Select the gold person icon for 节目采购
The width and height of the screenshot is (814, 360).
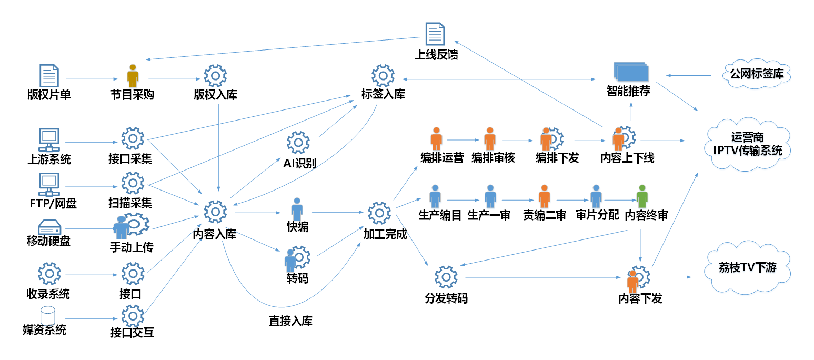coord(133,76)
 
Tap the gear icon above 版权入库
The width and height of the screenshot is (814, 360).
coord(215,76)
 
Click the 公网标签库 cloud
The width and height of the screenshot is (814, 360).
coord(757,74)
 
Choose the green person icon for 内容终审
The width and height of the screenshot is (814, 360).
coord(641,196)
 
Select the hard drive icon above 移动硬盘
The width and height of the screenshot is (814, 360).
coord(49,227)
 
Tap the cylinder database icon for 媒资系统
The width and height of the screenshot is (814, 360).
coord(48,315)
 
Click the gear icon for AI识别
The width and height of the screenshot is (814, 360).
coord(298,143)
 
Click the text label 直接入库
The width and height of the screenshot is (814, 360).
coord(290,321)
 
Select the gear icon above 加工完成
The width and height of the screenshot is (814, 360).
coord(379,213)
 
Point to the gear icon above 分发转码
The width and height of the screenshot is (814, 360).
coord(446,277)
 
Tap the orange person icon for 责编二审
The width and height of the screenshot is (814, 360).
coord(544,196)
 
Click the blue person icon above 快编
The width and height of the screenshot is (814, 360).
coord(297,209)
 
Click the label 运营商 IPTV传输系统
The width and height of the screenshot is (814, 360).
coord(747,144)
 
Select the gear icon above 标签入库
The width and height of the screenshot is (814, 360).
coord(383,76)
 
